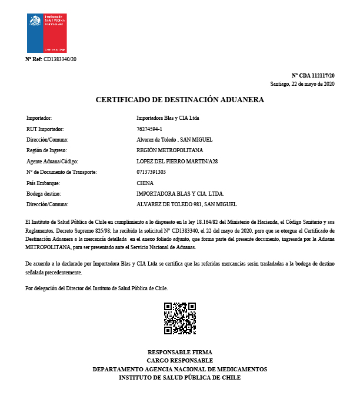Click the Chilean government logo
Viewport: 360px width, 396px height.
pyautogui.click(x=47, y=33)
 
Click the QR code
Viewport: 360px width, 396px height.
pyautogui.click(x=179, y=318)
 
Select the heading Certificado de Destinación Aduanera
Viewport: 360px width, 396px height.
pyautogui.click(x=180, y=100)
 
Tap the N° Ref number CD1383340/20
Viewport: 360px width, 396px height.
pyautogui.click(x=60, y=59)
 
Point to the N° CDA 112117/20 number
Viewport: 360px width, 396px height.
pyautogui.click(x=314, y=76)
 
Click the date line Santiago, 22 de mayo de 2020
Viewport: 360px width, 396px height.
pyautogui.click(x=302, y=84)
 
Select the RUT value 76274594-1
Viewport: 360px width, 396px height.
pyautogui.click(x=149, y=129)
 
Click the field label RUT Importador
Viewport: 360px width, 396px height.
pyautogui.click(x=45, y=129)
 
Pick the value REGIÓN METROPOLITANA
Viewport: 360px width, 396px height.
pyautogui.click(x=169, y=150)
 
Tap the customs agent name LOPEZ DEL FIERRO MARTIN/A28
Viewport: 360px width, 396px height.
pyautogui.click(x=172, y=161)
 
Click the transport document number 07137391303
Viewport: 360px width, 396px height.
pyautogui.click(x=151, y=172)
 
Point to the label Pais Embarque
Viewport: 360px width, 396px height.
pyautogui.click(x=44, y=183)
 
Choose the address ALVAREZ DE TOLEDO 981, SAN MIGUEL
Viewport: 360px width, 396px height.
pyautogui.click(x=186, y=204)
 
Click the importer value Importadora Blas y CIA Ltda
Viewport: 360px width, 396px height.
pyautogui.click(x=168, y=118)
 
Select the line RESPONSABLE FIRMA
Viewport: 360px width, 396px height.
pyautogui.click(x=179, y=352)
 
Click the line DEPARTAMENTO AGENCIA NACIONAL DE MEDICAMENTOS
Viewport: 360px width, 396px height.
pyautogui.click(x=179, y=369)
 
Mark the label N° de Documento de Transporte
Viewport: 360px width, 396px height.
pyautogui.click(x=61, y=172)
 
